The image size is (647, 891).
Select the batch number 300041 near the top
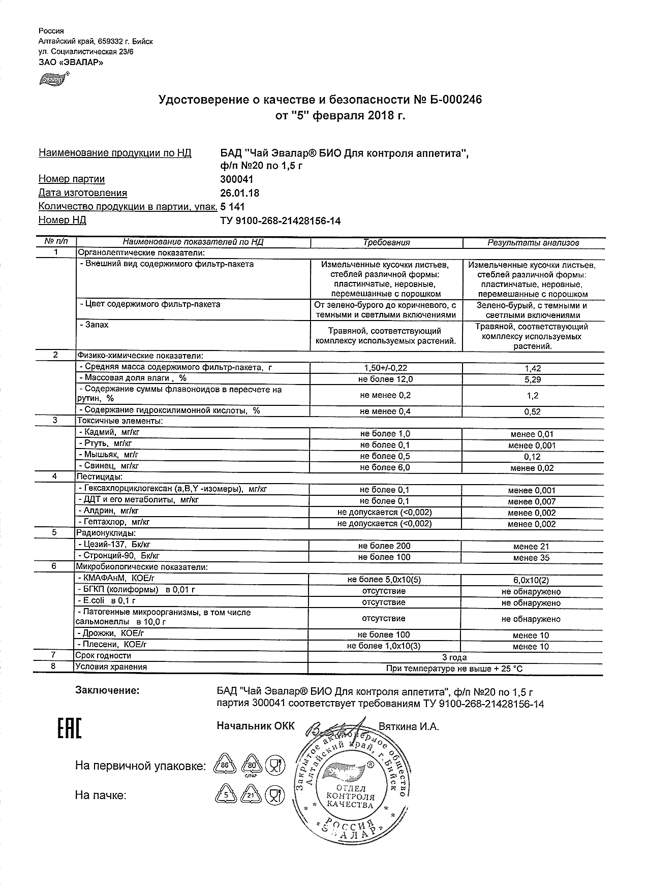click(236, 179)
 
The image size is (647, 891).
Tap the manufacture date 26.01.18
click(239, 193)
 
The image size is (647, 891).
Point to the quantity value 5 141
click(232, 207)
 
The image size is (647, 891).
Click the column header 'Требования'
click(386, 243)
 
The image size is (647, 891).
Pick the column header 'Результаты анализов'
click(533, 243)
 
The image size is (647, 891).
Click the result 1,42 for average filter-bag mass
click(532, 368)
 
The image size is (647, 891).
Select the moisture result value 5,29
click(532, 379)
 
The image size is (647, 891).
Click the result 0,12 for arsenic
click(532, 457)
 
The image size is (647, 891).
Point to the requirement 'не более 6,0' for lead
click(385, 467)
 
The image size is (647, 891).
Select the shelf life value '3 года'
click(455, 657)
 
